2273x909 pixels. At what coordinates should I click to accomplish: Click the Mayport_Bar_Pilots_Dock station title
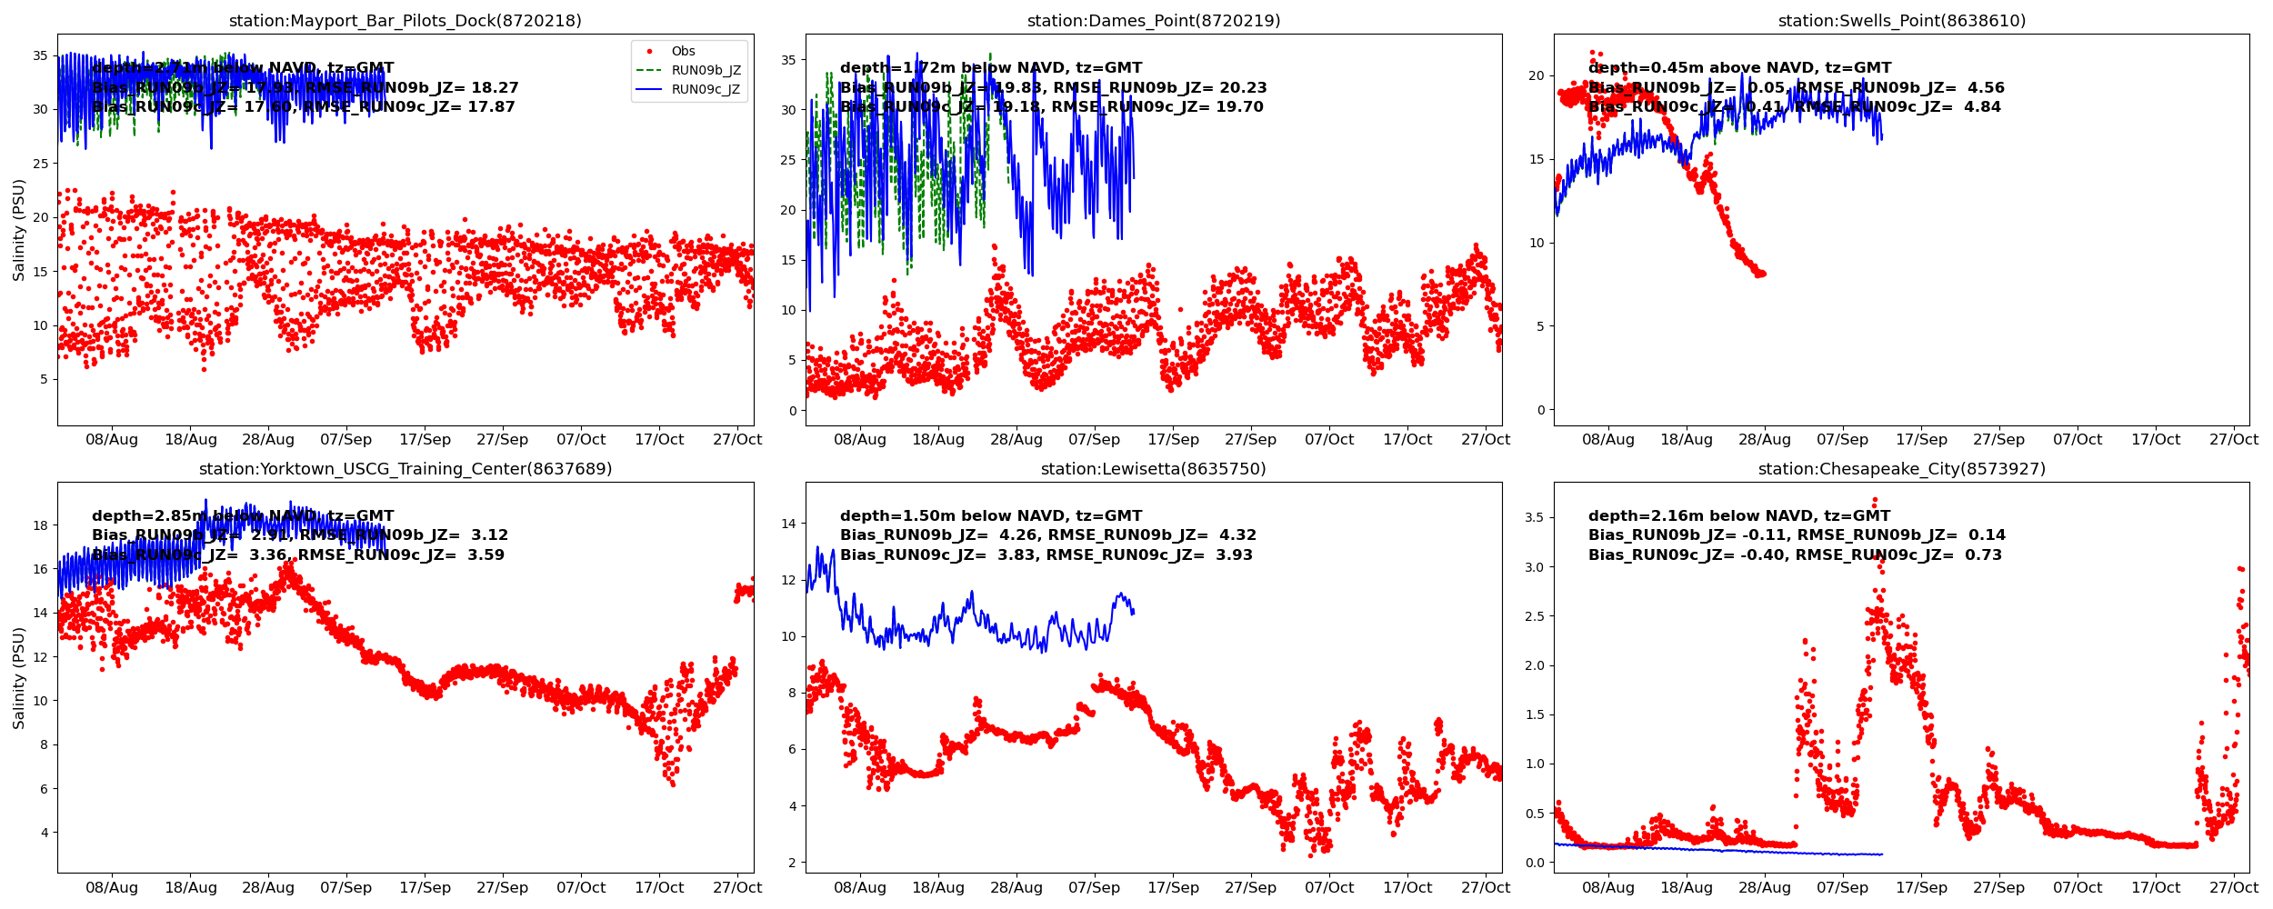(x=405, y=21)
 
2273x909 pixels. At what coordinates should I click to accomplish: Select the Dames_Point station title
(x=1153, y=21)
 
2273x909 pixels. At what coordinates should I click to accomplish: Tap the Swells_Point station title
(x=1901, y=21)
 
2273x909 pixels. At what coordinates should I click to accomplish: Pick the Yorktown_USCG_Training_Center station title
(x=405, y=469)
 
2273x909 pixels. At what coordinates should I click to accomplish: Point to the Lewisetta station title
(x=1153, y=469)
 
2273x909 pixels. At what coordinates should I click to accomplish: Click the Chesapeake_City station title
(x=1901, y=469)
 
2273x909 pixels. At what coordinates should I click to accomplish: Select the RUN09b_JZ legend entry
(x=706, y=70)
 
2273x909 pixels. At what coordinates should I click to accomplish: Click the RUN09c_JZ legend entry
(x=706, y=89)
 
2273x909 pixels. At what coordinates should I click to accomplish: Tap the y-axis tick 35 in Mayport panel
(x=40, y=55)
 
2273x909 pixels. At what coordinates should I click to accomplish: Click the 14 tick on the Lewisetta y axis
(x=787, y=524)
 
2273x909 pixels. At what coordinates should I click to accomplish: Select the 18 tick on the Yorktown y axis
(x=40, y=525)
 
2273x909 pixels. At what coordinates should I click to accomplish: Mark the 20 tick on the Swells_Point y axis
(x=1537, y=75)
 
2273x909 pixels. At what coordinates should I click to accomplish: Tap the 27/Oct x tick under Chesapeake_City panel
(x=2234, y=887)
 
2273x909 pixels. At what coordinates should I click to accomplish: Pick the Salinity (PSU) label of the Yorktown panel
(x=19, y=677)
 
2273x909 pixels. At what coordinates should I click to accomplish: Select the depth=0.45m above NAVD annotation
(x=1739, y=68)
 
